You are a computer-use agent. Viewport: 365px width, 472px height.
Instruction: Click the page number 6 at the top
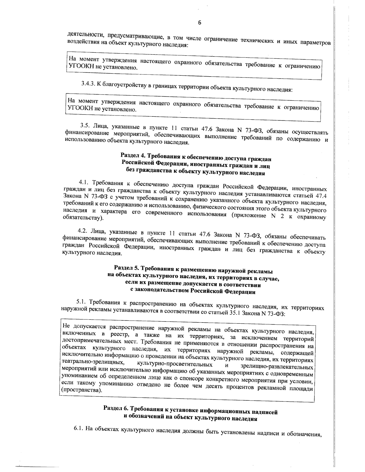point(200,22)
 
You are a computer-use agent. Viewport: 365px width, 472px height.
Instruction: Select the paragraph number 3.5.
point(85,125)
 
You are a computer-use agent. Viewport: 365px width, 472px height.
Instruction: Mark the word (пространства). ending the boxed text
point(81,390)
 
